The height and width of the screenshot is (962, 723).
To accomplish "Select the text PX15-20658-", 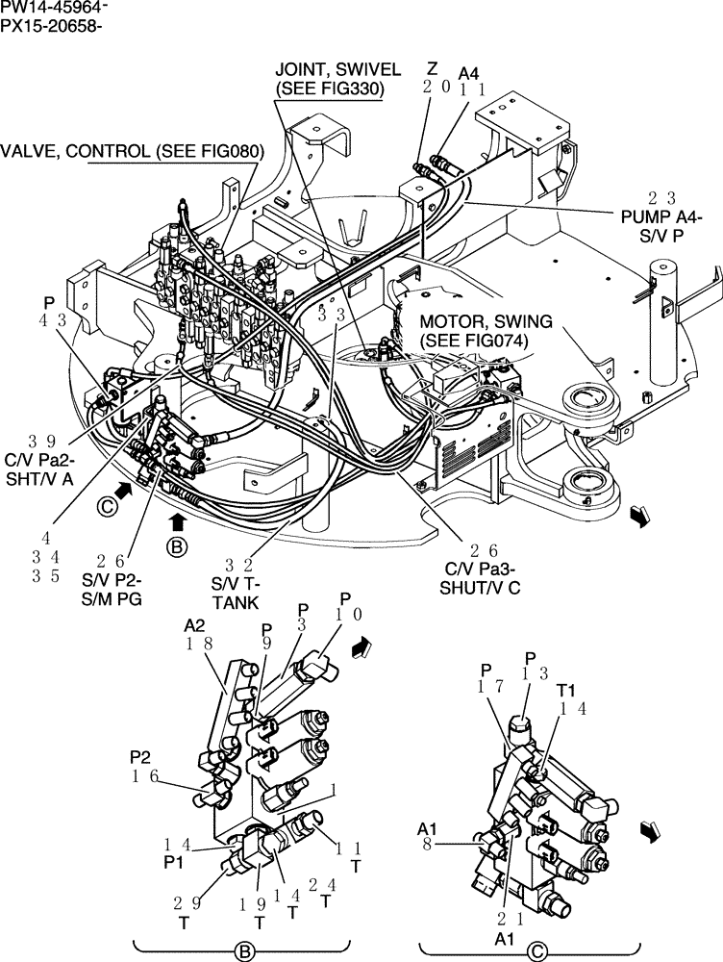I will tap(52, 25).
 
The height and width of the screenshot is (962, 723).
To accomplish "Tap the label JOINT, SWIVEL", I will tap(330, 70).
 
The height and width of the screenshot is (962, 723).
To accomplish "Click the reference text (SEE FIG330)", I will tap(330, 89).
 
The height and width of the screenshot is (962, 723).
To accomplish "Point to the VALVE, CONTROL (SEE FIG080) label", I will tap(131, 151).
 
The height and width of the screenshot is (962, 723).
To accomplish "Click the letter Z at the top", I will tap(432, 69).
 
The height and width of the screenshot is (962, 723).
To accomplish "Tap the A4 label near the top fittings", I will tap(469, 72).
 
